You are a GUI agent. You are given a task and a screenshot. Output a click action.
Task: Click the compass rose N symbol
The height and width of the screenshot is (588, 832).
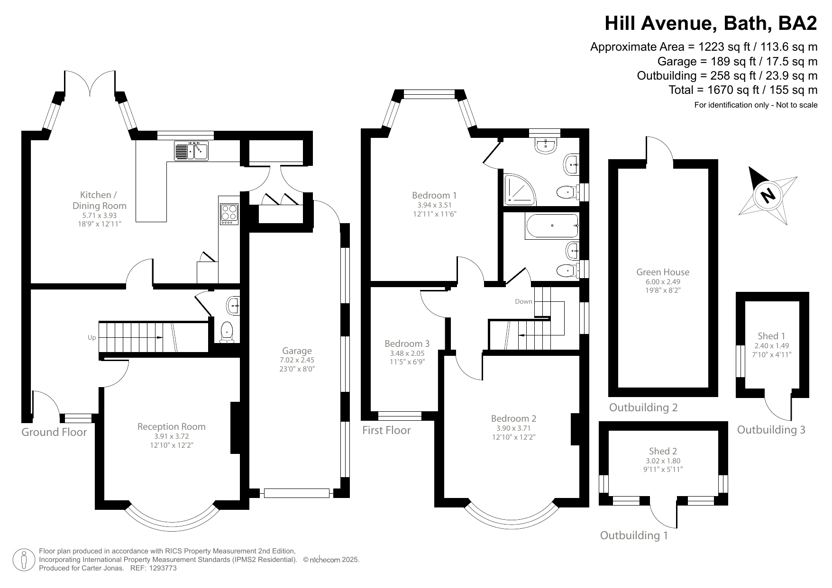click(767, 195)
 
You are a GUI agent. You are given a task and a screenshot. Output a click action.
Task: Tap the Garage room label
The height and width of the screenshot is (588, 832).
click(297, 351)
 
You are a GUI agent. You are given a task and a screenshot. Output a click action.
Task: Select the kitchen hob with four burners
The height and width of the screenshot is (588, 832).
click(229, 214)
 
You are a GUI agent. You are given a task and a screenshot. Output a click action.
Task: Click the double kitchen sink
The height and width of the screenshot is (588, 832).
click(192, 151)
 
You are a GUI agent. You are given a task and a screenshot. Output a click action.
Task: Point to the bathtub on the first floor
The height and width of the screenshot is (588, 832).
click(552, 226)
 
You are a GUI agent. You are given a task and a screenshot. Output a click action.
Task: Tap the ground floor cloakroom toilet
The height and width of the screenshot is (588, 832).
click(227, 331)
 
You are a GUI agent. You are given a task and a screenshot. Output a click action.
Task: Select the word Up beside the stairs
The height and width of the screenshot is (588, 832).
click(91, 338)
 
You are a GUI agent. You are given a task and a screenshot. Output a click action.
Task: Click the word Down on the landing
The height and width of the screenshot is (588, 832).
click(523, 301)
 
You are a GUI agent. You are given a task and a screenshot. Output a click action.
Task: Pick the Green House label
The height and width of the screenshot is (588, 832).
click(662, 272)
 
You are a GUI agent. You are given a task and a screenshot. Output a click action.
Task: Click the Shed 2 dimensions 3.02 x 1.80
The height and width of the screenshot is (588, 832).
click(663, 461)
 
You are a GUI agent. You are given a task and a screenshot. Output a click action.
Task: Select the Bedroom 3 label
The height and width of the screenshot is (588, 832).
click(407, 344)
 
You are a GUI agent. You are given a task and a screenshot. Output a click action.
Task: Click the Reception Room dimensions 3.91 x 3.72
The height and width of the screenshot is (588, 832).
click(171, 436)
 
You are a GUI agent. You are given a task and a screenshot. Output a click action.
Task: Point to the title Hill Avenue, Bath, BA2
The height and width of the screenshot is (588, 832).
click(711, 23)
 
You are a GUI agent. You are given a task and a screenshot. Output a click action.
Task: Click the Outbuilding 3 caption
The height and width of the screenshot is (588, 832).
click(771, 430)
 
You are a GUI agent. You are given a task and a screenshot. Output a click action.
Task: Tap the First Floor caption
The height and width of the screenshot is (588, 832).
click(386, 430)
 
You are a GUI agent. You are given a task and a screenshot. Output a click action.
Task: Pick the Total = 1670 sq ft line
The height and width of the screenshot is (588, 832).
click(742, 90)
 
